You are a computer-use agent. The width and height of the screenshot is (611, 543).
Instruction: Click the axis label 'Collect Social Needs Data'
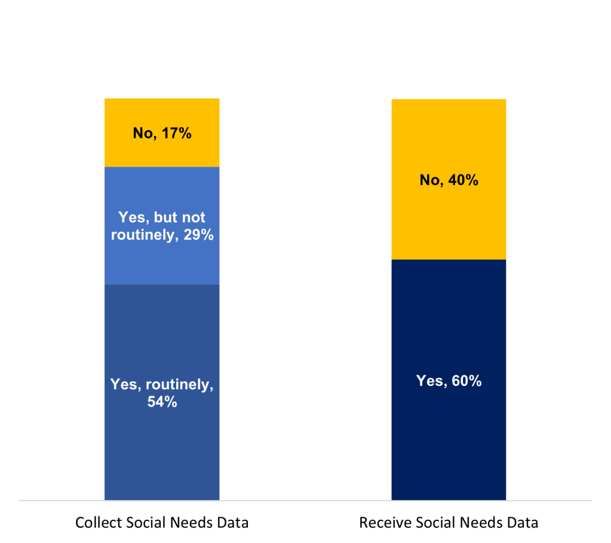click(162, 523)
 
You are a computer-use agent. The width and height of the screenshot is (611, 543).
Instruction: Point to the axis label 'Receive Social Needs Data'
click(449, 523)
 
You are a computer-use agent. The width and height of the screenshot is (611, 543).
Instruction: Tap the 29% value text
click(198, 235)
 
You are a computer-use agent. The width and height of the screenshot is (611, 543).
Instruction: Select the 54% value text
click(162, 402)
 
